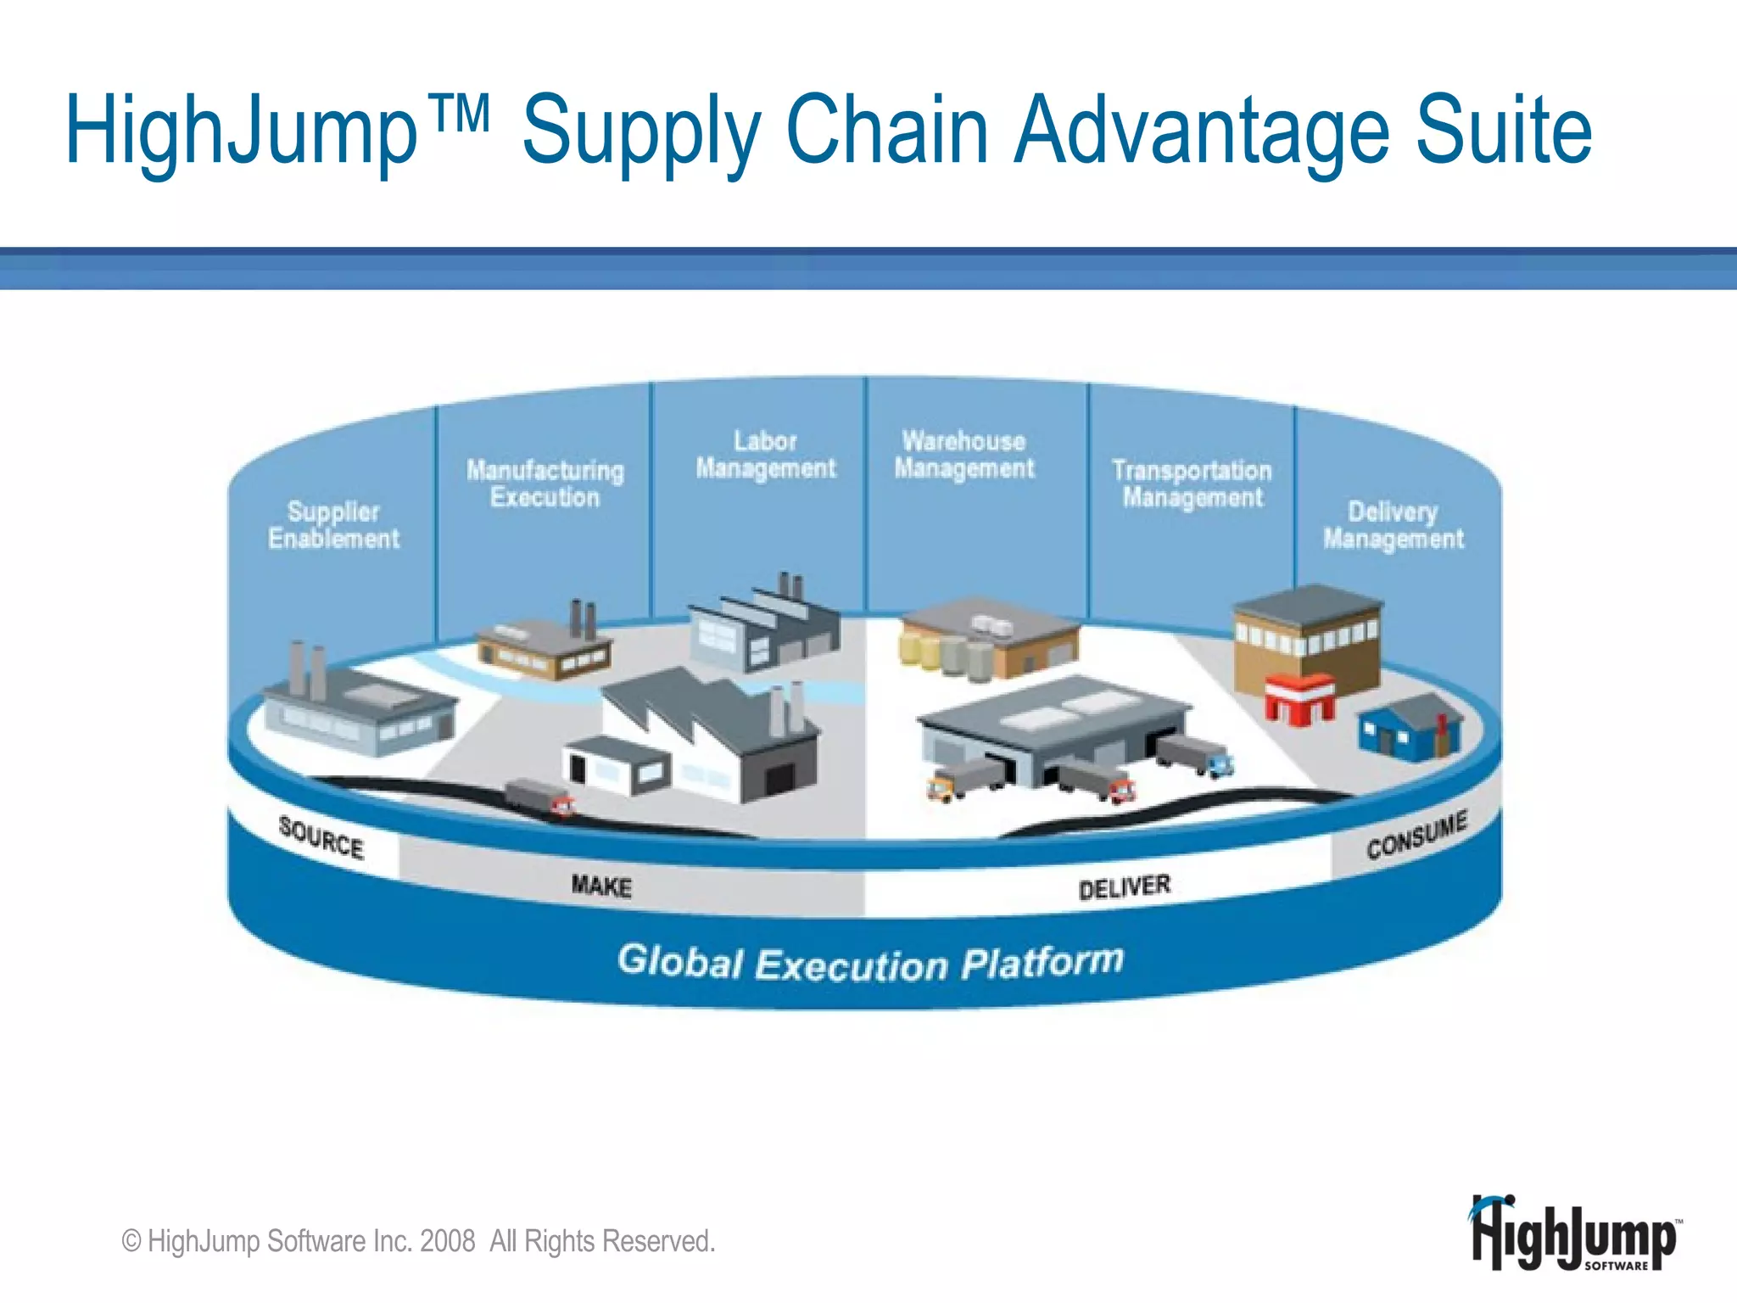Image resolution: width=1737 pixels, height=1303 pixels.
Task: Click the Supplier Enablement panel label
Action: click(333, 525)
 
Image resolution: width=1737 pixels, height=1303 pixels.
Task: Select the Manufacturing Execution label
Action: click(545, 484)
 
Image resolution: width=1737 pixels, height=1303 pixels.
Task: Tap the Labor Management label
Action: click(766, 455)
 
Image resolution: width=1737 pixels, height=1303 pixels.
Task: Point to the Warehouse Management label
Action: click(964, 455)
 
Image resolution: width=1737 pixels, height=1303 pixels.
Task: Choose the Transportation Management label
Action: click(1192, 484)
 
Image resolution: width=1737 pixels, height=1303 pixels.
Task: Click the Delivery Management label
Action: click(1394, 525)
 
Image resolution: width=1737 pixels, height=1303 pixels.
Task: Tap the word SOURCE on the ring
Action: click(321, 837)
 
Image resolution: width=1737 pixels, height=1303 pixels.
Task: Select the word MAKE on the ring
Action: click(601, 886)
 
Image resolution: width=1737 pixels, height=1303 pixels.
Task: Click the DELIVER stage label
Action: click(1125, 887)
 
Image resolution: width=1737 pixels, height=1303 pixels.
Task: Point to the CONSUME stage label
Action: click(1416, 835)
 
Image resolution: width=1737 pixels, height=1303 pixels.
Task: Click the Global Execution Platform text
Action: click(870, 963)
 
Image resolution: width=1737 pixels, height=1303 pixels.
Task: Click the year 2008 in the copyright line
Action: click(447, 1241)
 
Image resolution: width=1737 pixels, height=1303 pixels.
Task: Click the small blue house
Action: click(1409, 726)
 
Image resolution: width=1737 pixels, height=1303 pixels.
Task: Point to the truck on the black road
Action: click(539, 797)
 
